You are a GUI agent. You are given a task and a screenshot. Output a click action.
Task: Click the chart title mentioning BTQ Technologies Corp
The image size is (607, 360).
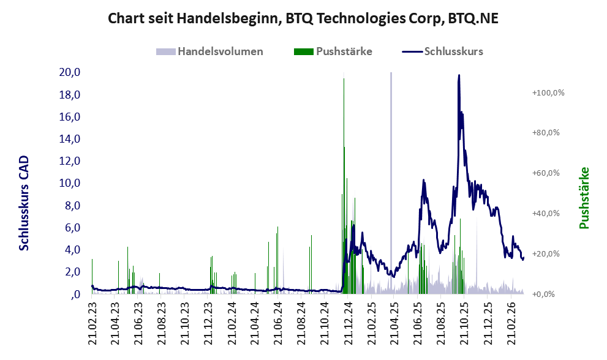[x=303, y=18]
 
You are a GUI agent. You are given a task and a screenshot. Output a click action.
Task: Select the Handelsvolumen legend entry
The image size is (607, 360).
[x=220, y=51]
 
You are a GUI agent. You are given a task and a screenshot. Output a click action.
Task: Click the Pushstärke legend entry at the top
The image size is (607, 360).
[x=344, y=51]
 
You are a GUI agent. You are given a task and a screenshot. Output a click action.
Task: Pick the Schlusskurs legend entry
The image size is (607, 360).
[x=453, y=51]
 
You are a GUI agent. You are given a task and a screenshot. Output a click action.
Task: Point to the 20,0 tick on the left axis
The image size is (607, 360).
[x=70, y=72]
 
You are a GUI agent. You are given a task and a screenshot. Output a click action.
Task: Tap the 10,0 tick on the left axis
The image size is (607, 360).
[x=70, y=183]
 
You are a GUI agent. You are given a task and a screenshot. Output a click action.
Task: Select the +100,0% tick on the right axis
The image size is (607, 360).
[x=548, y=92]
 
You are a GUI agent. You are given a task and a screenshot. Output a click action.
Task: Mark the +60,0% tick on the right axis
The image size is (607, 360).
[x=548, y=173]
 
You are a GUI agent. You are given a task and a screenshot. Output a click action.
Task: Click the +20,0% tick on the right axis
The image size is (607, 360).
[x=548, y=254]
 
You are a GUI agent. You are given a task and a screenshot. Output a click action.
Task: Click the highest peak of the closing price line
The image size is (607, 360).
[x=459, y=76]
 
